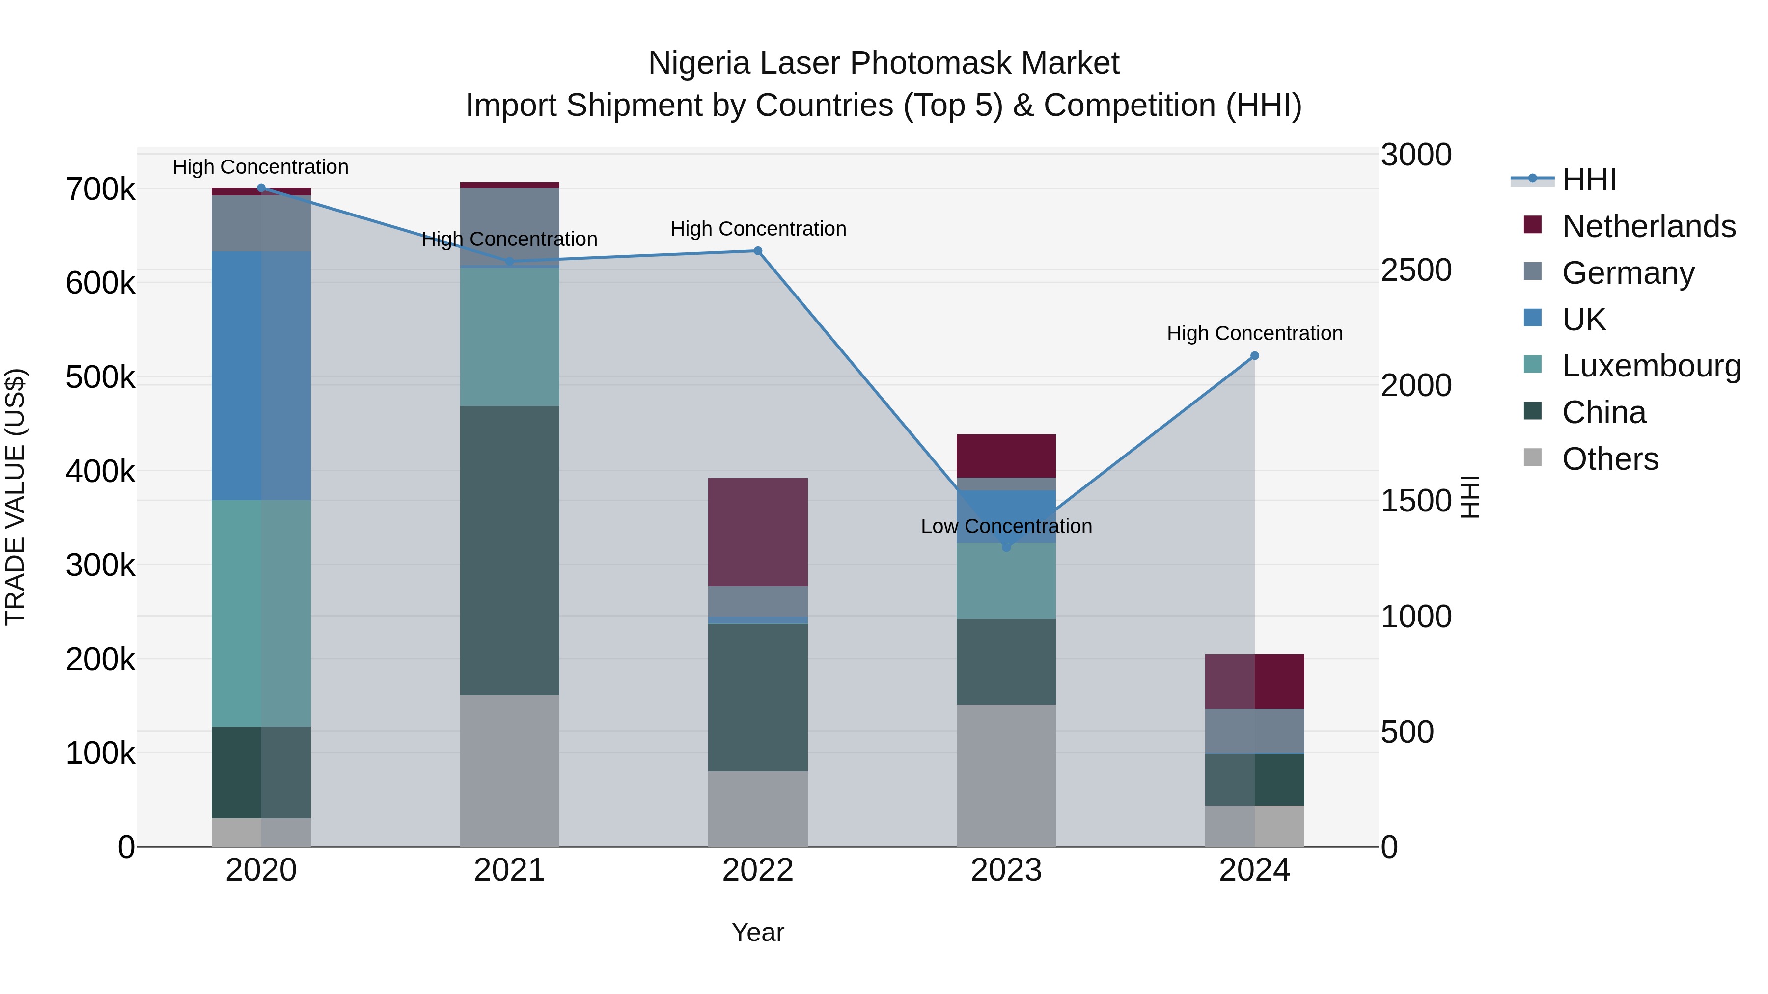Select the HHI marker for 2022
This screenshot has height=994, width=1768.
point(758,251)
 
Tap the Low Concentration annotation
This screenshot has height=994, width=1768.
point(1006,526)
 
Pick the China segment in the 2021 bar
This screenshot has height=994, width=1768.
point(509,550)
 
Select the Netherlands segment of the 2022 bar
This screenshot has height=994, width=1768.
point(758,532)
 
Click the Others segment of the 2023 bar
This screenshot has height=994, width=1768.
point(1006,775)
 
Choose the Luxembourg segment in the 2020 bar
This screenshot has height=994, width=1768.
point(261,613)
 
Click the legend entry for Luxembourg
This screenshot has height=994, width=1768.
point(1651,366)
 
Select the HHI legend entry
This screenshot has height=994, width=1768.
point(1589,180)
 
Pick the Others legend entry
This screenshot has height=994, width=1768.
point(1609,459)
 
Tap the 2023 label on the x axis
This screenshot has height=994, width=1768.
point(1006,870)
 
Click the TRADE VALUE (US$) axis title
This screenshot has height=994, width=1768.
point(15,497)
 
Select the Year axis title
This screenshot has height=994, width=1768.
point(758,932)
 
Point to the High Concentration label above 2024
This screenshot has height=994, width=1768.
point(1255,333)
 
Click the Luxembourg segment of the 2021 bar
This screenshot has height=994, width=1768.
point(509,336)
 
